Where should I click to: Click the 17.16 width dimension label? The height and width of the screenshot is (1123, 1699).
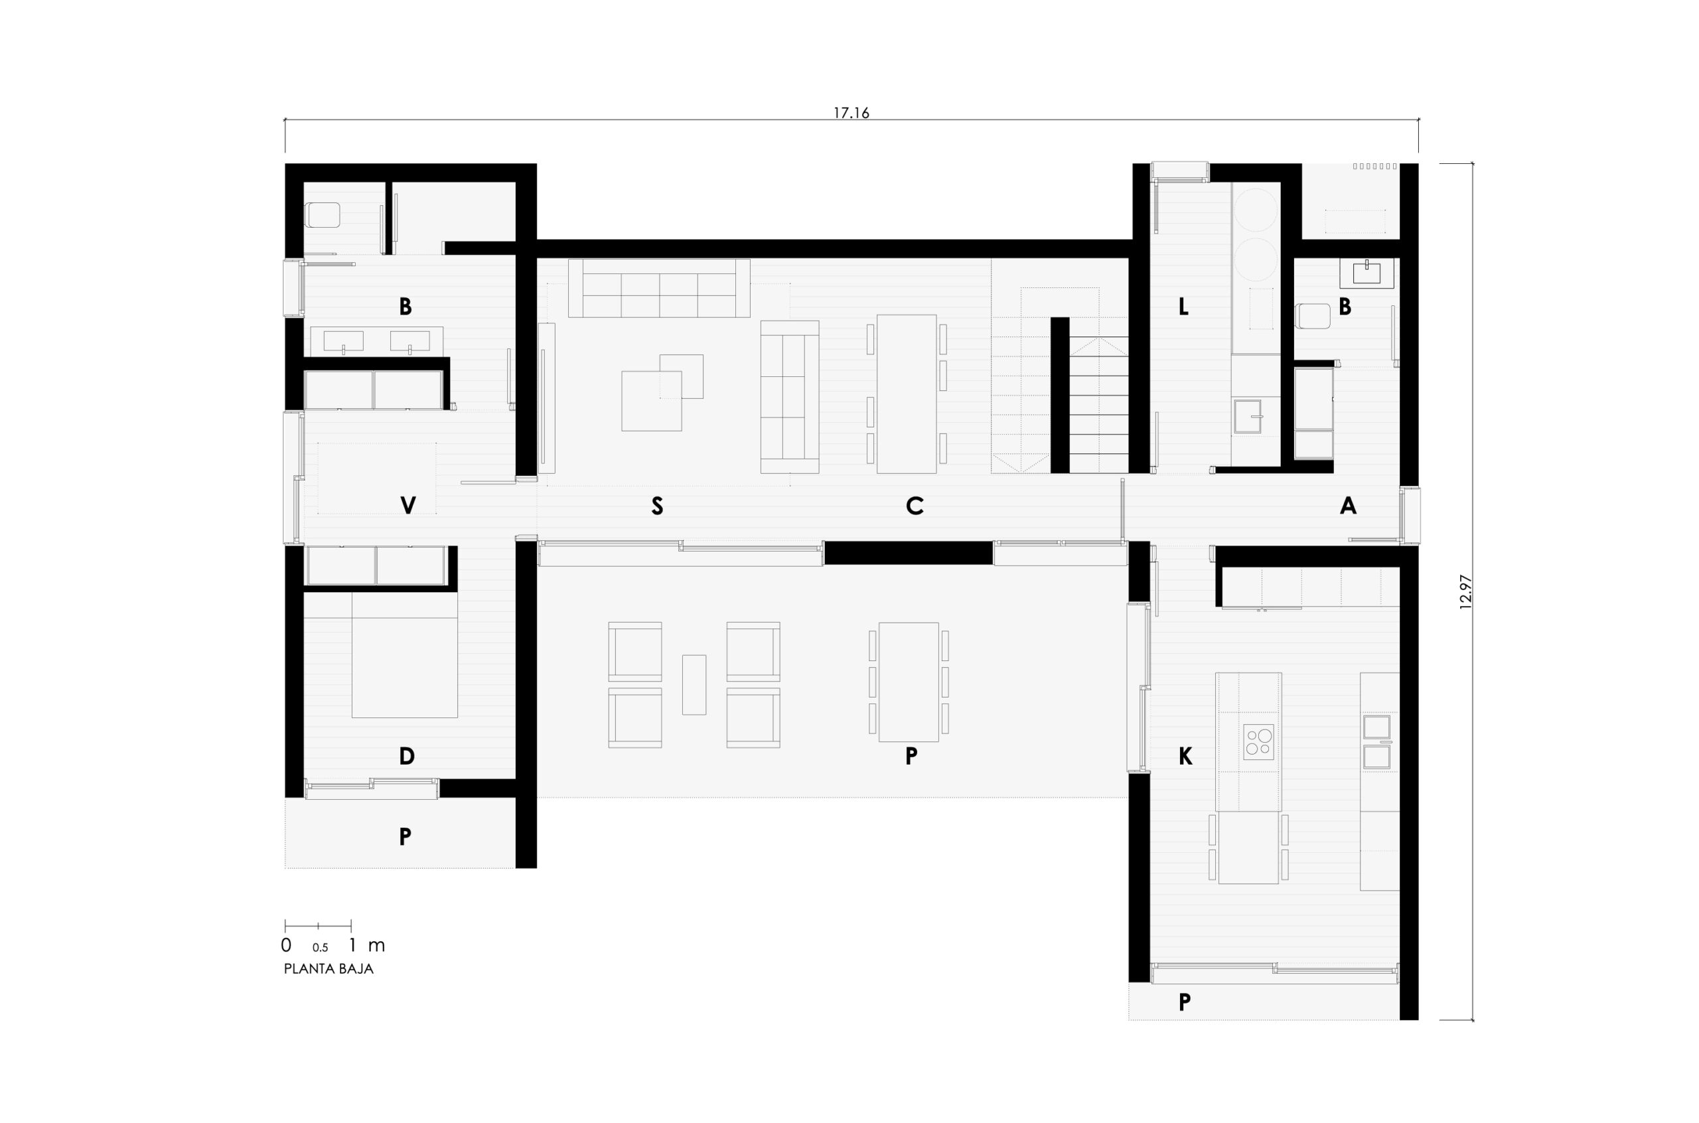[x=851, y=112]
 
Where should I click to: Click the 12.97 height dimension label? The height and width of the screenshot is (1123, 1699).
[x=1464, y=591]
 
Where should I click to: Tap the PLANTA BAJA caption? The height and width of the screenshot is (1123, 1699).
[x=329, y=969]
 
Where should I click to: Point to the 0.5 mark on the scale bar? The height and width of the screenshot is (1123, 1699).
[x=320, y=948]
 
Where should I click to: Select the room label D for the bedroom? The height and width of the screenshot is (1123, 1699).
[x=406, y=755]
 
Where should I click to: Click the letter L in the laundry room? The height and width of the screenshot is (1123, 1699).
[x=1183, y=307]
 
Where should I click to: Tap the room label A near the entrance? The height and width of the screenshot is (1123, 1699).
[x=1347, y=506]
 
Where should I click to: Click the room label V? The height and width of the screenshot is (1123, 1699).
[x=407, y=506]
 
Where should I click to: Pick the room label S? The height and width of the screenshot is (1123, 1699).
[x=656, y=506]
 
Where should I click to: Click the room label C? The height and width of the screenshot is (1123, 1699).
[x=915, y=506]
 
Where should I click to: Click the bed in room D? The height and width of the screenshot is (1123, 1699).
[x=405, y=655]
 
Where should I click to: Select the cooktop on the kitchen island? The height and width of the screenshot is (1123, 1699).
[x=1259, y=742]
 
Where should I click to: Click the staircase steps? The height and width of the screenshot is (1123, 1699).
[x=1099, y=405]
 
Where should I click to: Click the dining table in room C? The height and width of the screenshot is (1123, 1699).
[x=907, y=394]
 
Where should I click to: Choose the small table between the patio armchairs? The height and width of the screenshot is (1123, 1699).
[x=694, y=685]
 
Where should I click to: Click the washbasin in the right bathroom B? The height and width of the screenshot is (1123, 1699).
[x=1367, y=273]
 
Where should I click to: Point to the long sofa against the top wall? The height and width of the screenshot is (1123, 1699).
[x=658, y=288]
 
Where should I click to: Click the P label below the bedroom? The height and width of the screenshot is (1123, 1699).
[x=405, y=836]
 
